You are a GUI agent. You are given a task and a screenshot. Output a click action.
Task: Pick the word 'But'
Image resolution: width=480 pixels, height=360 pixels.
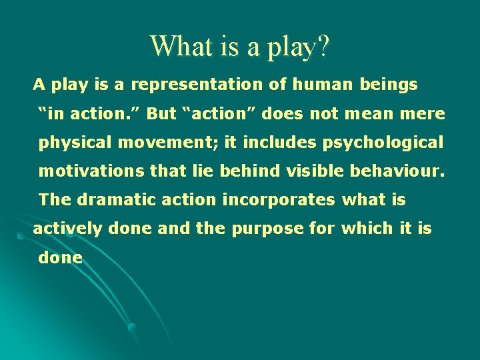(x=161, y=113)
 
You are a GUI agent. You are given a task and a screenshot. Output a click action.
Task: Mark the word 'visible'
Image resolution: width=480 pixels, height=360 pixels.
(x=313, y=171)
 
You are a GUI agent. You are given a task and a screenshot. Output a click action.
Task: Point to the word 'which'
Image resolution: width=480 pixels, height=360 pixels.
(x=366, y=229)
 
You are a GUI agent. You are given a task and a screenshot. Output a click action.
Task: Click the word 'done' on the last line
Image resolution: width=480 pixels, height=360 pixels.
(x=61, y=257)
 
